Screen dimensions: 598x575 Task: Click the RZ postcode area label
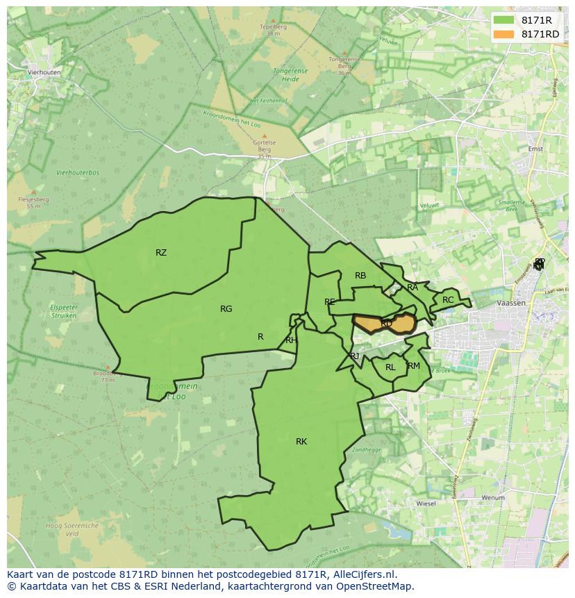click(161, 253)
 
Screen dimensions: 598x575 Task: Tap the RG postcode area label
click(226, 309)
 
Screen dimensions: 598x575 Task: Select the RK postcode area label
click(301, 442)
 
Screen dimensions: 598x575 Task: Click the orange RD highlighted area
click(386, 324)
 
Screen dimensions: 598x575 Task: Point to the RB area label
click(360, 276)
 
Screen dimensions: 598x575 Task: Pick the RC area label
click(448, 300)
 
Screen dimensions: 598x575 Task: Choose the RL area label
click(390, 367)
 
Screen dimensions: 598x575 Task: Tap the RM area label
click(414, 366)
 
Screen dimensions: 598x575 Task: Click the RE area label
click(330, 302)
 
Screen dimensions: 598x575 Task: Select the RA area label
click(412, 287)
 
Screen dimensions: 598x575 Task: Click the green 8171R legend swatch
click(503, 20)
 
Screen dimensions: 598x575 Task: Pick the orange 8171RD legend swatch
click(503, 34)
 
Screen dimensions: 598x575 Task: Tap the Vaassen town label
click(511, 304)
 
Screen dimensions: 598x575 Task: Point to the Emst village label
click(535, 148)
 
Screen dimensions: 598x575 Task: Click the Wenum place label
click(493, 497)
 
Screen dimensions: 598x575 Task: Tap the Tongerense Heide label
click(294, 74)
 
